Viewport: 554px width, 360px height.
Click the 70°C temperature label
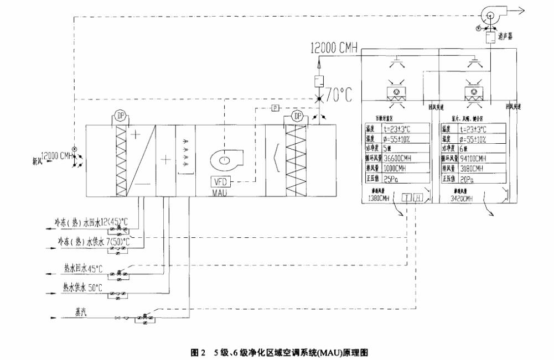click(x=338, y=96)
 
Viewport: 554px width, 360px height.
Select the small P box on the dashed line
click(x=274, y=108)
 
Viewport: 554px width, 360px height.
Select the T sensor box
click(x=407, y=198)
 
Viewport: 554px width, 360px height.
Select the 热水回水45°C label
click(x=82, y=269)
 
